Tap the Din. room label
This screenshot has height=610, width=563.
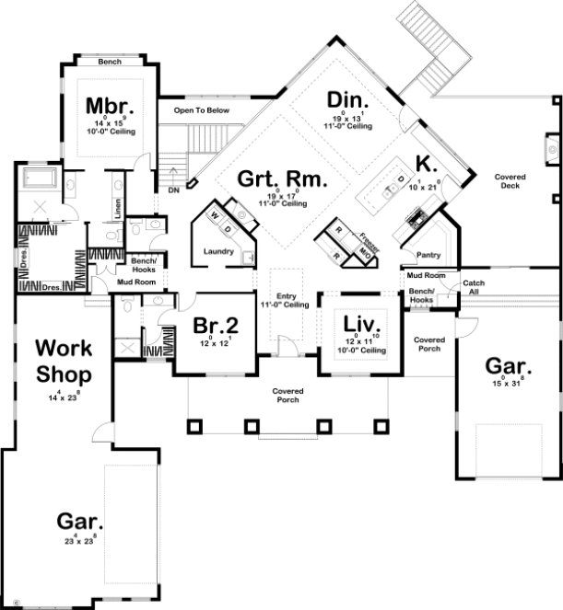pyautogui.click(x=347, y=99)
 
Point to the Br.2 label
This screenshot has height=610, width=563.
pyautogui.click(x=217, y=325)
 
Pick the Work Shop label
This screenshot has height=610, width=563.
pyautogui.click(x=64, y=361)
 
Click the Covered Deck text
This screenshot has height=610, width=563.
pyautogui.click(x=509, y=182)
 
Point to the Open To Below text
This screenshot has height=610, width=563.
pyautogui.click(x=201, y=109)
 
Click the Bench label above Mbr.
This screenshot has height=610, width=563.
pyautogui.click(x=109, y=63)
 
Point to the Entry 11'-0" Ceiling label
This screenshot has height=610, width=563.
pyautogui.click(x=284, y=300)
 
